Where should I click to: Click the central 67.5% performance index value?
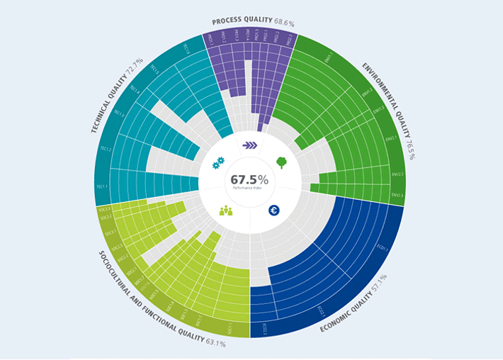(x=249, y=179)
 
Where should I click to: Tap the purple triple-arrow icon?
(x=250, y=145)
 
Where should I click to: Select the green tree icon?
(x=281, y=162)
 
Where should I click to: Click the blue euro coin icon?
(x=274, y=210)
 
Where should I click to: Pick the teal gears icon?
(x=217, y=162)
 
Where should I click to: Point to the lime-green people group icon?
(x=226, y=210)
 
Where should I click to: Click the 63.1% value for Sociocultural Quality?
(x=215, y=344)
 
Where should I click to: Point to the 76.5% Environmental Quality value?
(x=410, y=149)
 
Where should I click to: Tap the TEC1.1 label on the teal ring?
(x=103, y=187)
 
